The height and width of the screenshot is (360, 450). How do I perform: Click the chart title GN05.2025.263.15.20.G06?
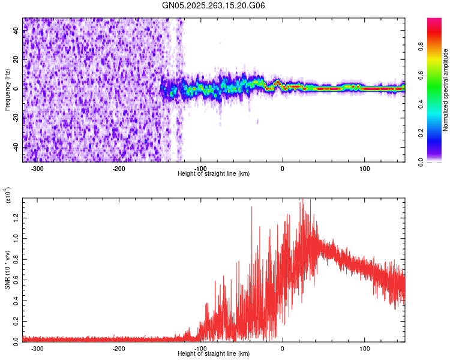coord(214,6)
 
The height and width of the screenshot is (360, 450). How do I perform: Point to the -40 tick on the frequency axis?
coord(16,147)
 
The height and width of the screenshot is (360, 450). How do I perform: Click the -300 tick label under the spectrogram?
coord(37,169)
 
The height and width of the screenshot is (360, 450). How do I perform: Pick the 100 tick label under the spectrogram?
coord(364,169)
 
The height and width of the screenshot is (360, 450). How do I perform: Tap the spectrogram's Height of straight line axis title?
coord(214,173)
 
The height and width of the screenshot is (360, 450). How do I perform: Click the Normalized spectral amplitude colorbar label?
coord(446,90)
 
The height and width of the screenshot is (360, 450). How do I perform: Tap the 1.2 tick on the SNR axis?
coord(16,217)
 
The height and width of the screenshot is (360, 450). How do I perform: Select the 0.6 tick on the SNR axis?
coord(16,279)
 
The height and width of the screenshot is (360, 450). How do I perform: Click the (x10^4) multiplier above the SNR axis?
coord(8,196)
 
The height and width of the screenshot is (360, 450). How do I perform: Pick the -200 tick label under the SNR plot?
coord(119,349)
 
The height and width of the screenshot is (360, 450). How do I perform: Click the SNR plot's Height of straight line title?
coord(214,353)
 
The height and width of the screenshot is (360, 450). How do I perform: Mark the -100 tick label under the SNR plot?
coord(200,349)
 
